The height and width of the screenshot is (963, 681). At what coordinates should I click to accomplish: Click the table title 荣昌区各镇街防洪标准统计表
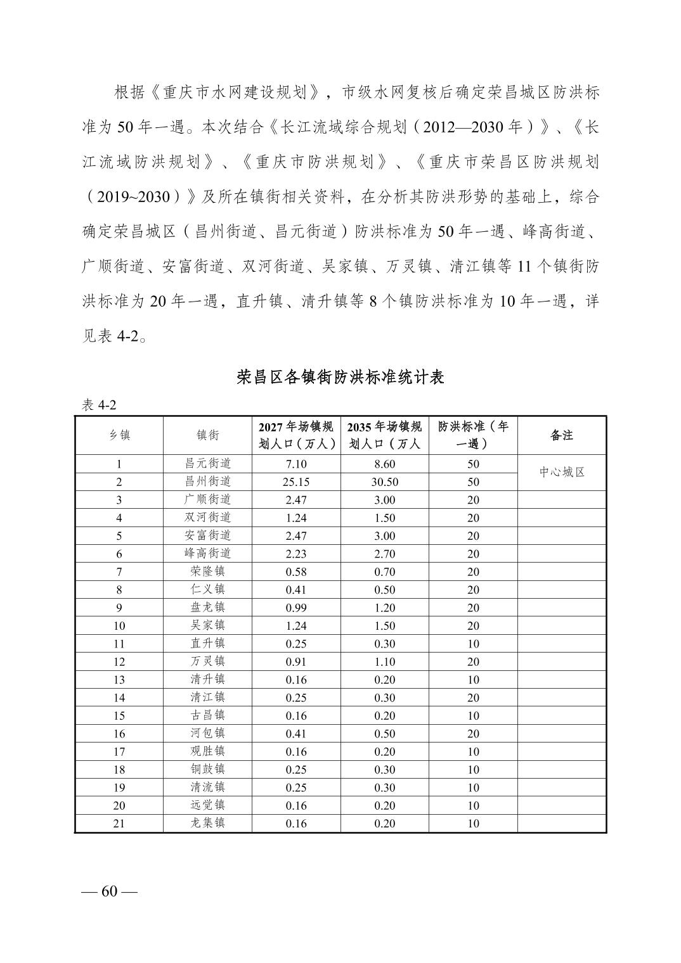[340, 378]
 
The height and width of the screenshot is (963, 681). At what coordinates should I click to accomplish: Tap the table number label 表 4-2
[100, 405]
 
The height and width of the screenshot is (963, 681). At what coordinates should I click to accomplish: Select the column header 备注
[561, 435]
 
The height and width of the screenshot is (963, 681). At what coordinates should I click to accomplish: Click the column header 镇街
[207, 435]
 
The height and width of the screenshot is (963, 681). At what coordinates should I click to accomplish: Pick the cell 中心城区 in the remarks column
[561, 473]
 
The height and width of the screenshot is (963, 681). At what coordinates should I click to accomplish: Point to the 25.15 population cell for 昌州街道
[296, 482]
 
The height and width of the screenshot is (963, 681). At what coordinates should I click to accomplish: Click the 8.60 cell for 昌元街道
[384, 464]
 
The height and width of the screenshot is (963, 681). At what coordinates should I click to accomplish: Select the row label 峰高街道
[207, 554]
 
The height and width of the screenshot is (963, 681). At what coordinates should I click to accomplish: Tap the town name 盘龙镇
[207, 608]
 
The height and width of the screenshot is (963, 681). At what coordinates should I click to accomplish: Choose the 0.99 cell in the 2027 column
[296, 608]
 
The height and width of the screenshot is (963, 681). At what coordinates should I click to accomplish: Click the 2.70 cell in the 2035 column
[384, 554]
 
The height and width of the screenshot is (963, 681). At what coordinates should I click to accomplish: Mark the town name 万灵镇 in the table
[207, 661]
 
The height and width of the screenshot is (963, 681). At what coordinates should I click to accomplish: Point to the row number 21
[119, 824]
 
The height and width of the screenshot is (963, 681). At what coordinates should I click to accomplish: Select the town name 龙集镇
[207, 824]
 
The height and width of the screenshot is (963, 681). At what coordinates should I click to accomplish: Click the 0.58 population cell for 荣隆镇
[296, 572]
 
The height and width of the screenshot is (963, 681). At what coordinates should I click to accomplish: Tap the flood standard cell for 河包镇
[473, 734]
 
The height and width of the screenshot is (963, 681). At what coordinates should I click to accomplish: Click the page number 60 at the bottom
[109, 891]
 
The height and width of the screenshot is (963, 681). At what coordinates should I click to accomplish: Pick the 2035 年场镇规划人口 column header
[384, 435]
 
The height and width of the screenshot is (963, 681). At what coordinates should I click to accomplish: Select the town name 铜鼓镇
[207, 770]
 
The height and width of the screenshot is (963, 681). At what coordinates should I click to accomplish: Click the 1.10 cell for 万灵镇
[384, 661]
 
